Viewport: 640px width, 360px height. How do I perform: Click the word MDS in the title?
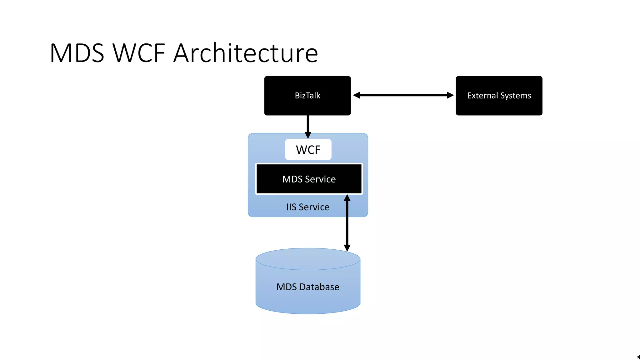[77, 53]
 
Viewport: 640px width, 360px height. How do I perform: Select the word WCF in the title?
[139, 53]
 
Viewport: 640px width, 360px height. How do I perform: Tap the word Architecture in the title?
[246, 53]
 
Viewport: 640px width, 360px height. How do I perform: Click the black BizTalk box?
[307, 96]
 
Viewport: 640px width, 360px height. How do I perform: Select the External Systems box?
[499, 96]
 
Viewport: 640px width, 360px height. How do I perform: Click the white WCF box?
[308, 150]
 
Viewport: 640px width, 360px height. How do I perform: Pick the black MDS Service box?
[309, 179]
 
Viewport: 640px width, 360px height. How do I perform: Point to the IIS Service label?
[308, 207]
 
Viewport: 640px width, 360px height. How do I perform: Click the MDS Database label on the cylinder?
[308, 287]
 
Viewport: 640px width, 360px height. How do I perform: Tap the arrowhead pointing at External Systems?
[450, 95]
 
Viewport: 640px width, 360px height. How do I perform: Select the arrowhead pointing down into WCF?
[308, 135]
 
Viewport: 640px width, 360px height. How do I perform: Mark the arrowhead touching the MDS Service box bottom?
[347, 198]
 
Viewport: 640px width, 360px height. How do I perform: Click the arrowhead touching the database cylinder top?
[347, 248]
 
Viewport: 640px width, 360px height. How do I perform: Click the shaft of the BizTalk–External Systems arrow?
[403, 95]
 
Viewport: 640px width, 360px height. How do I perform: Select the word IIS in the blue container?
[291, 207]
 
